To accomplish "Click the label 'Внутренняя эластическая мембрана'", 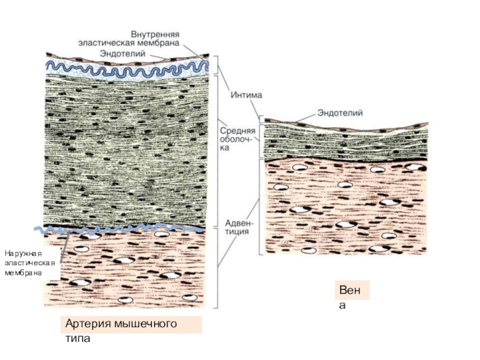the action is coord(130,40).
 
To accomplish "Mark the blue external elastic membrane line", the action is coord(120,229).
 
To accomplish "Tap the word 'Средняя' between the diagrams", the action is coord(237,130).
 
